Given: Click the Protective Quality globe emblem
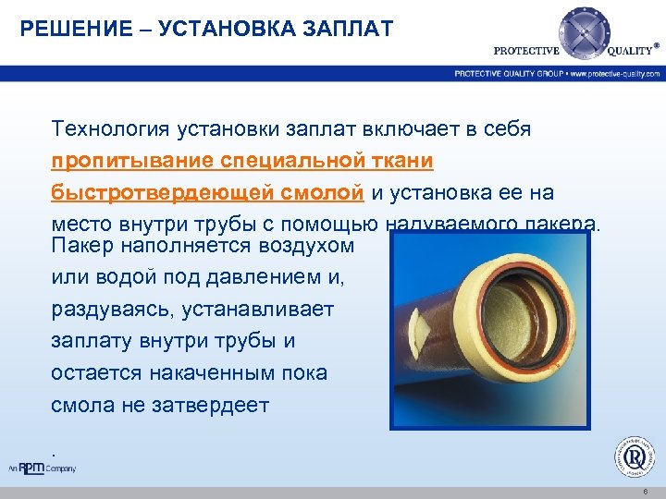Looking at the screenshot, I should point(584,33).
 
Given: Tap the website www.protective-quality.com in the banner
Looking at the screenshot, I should point(615,73).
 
